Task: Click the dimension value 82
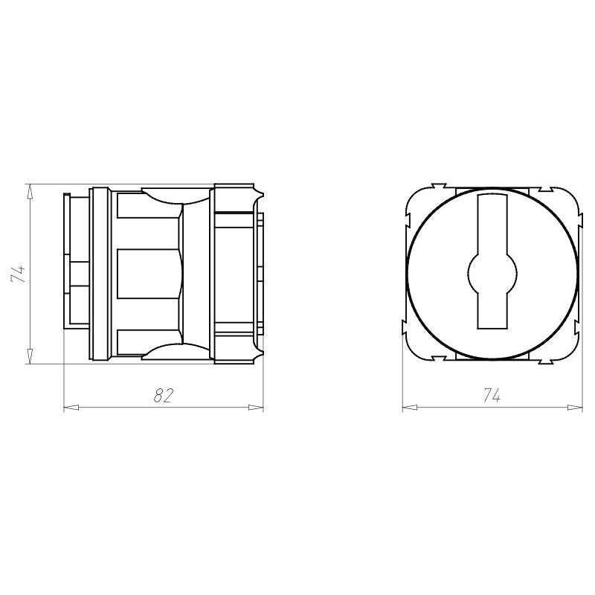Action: click(x=164, y=396)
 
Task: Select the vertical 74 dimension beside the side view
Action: click(x=19, y=274)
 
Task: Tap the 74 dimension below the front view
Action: click(x=492, y=396)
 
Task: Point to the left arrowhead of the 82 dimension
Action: click(x=71, y=408)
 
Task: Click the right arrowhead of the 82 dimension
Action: click(x=255, y=408)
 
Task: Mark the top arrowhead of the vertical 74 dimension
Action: click(x=30, y=192)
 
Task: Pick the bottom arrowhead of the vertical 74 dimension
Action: click(x=30, y=356)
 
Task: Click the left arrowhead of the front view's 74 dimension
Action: click(x=410, y=408)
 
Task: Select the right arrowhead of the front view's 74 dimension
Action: click(x=575, y=408)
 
